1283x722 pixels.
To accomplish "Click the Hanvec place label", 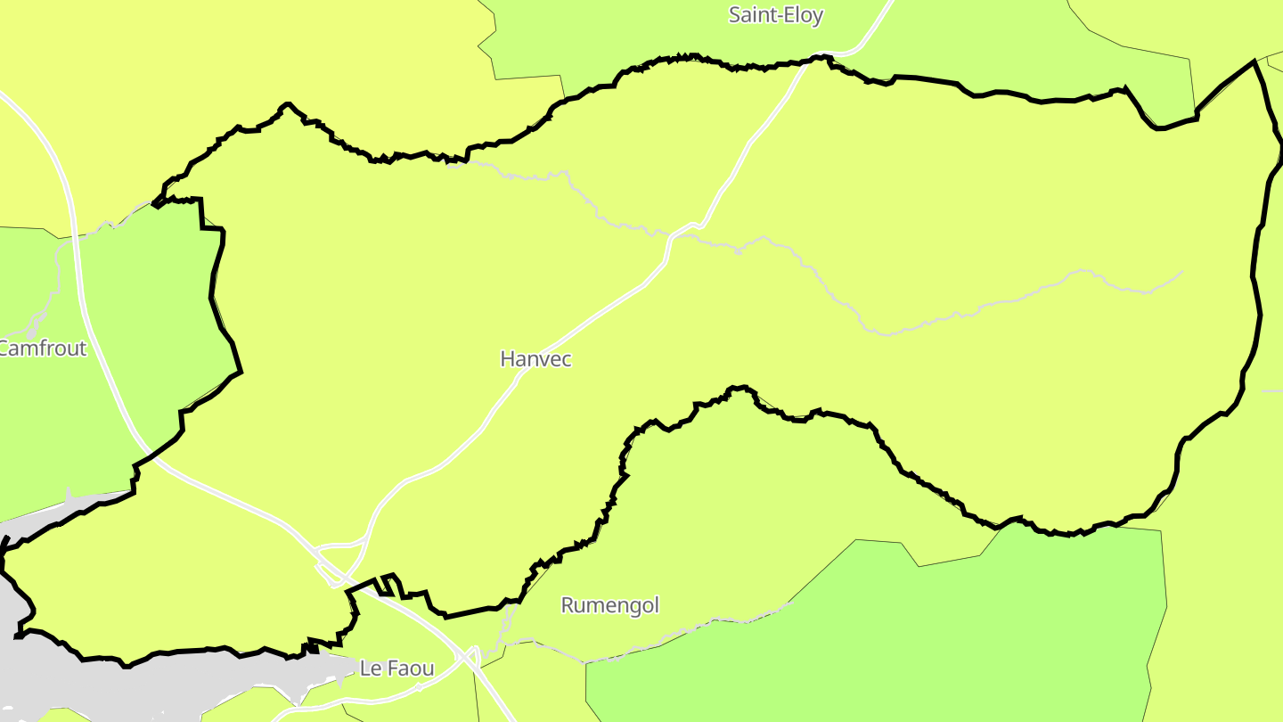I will [535, 359].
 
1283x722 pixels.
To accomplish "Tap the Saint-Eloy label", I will [775, 15].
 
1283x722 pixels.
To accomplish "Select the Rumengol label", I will [609, 605].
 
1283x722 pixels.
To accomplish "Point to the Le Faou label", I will [396, 668].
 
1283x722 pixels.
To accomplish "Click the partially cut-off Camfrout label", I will [43, 348].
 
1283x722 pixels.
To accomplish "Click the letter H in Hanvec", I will [508, 359].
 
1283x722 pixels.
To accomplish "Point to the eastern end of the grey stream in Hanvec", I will [1181, 272].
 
